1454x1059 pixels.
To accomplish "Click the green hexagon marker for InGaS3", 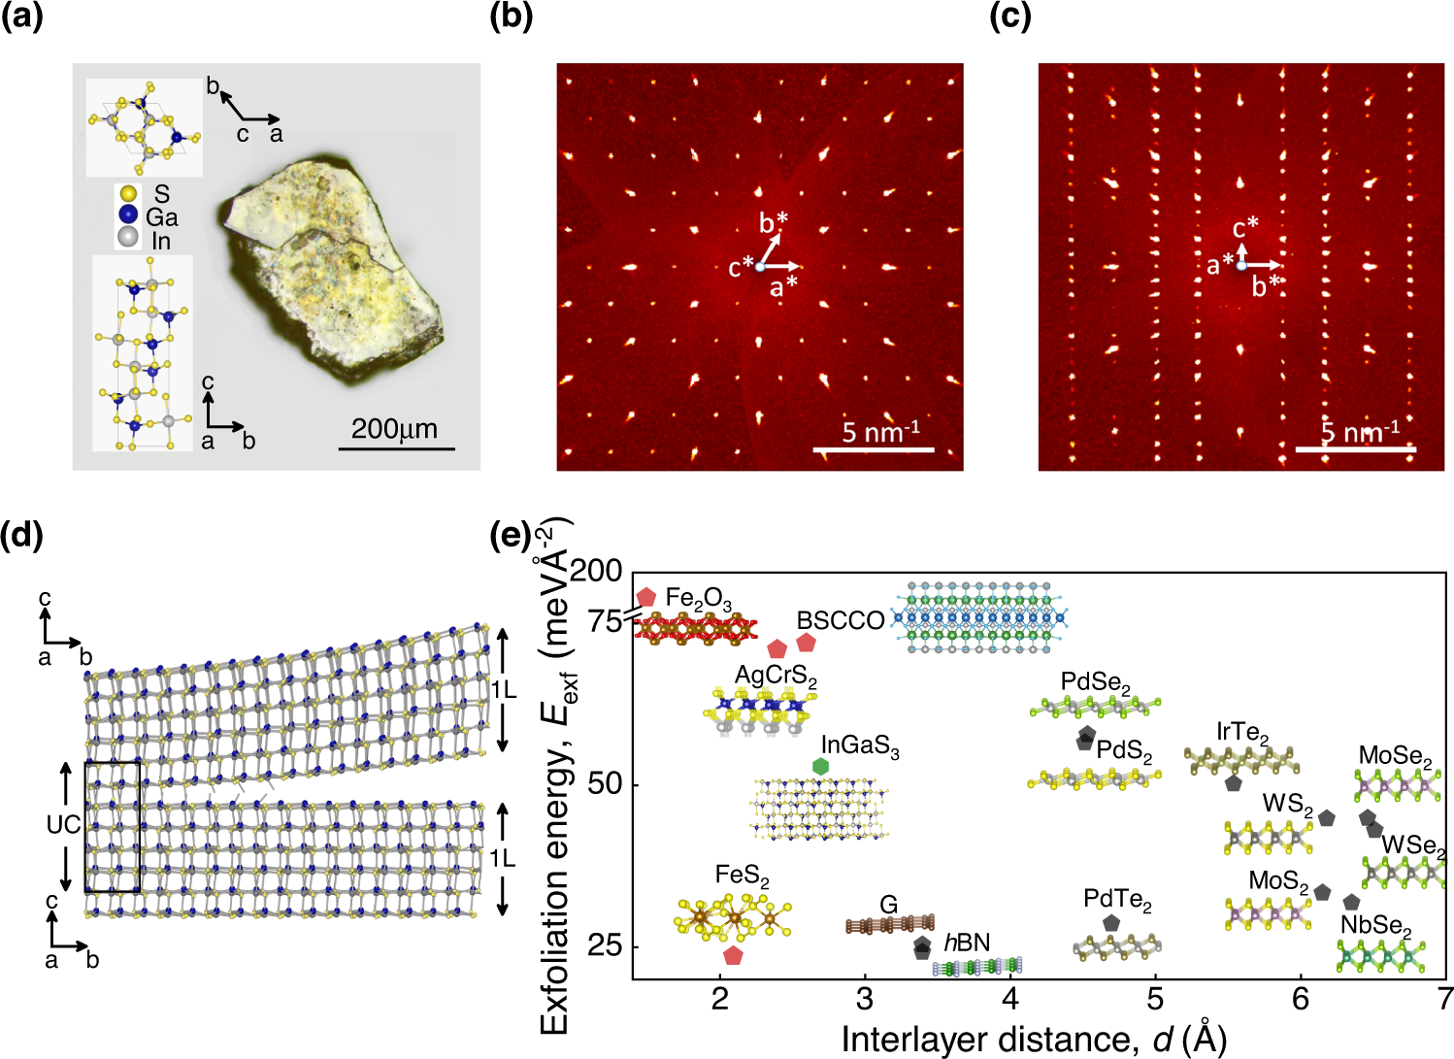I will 820,766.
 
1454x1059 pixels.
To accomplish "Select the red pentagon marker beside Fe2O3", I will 645,597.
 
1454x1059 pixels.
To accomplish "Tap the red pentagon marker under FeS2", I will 733,955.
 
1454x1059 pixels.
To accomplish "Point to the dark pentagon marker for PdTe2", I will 1110,923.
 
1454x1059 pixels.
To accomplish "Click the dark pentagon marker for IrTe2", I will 1233,782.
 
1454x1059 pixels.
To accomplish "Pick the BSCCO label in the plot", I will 841,620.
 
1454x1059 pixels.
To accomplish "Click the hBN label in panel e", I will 967,942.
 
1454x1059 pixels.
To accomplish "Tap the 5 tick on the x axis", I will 1155,999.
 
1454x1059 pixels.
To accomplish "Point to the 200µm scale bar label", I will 394,429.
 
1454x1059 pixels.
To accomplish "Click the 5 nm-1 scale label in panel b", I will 879,431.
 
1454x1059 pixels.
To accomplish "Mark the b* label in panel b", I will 774,223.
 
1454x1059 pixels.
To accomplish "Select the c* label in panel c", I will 1245,228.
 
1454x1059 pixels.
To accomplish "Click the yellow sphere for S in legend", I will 127,195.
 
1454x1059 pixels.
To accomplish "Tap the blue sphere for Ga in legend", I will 127,215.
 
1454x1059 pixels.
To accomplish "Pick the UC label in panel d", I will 64,825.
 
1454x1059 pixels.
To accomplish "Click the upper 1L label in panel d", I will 503,690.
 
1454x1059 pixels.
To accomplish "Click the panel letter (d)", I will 22,536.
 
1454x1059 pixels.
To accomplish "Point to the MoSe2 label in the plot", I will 1395,756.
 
